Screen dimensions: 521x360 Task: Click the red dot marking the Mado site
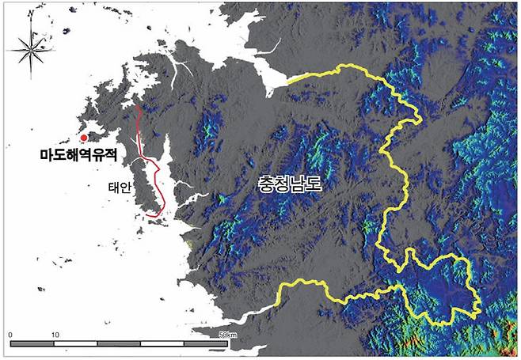(x=84, y=138)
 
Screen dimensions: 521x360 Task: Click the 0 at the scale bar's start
(x=10, y=334)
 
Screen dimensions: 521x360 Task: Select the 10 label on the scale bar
(x=54, y=334)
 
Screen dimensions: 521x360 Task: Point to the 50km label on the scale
(x=227, y=335)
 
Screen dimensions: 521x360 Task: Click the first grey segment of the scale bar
(x=32, y=344)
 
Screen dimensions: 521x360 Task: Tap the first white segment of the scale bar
(x=76, y=344)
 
